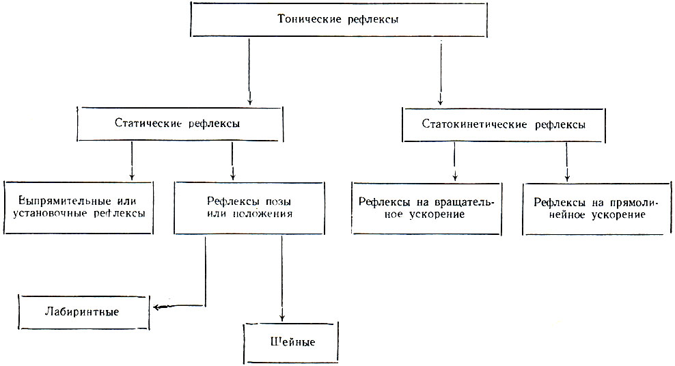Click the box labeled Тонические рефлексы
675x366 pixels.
pyautogui.click(x=339, y=19)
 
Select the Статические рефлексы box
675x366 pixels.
pyautogui.click(x=180, y=124)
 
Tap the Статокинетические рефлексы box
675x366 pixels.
pyautogui.click(x=504, y=125)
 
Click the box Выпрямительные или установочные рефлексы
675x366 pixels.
pyautogui.click(x=79, y=208)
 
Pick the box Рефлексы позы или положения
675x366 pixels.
pyautogui.click(x=249, y=208)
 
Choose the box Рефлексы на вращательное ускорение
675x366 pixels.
pyautogui.click(x=426, y=208)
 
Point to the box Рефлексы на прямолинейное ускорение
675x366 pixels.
pyautogui.click(x=597, y=209)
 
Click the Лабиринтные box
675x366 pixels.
pyautogui.click(x=84, y=312)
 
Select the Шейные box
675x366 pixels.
pyautogui.click(x=291, y=343)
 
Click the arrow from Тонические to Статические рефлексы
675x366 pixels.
pyautogui.click(x=249, y=72)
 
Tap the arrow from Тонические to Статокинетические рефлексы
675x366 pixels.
pyautogui.click(x=441, y=72)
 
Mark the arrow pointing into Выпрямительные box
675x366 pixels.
pyautogui.click(x=132, y=161)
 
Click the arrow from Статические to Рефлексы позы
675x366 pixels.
pyautogui.click(x=232, y=161)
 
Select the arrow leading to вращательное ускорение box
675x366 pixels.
pyautogui.click(x=454, y=162)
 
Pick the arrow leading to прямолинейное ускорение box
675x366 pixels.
pyautogui.click(x=567, y=162)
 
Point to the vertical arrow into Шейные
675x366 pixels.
pyautogui.click(x=282, y=279)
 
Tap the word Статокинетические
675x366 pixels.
pyautogui.click(x=474, y=125)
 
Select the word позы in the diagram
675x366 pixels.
pyautogui.click(x=278, y=201)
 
